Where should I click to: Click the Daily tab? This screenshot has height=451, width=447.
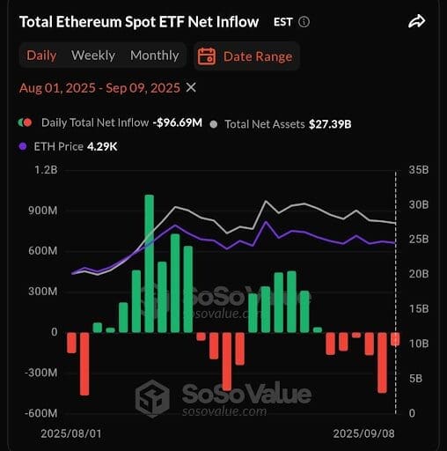pyautogui.click(x=41, y=55)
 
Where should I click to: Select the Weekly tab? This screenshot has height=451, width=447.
pyautogui.click(x=93, y=55)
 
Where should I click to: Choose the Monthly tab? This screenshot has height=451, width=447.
pyautogui.click(x=155, y=55)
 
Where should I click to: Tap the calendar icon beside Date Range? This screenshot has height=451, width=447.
pyautogui.click(x=207, y=56)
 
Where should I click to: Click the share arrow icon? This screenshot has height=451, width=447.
pyautogui.click(x=416, y=21)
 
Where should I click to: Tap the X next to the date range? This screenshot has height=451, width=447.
pyautogui.click(x=191, y=87)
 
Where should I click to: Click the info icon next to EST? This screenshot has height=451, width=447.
pyautogui.click(x=304, y=22)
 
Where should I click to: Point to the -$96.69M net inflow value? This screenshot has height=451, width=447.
pyautogui.click(x=178, y=122)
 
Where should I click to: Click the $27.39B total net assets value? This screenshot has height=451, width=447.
pyautogui.click(x=330, y=124)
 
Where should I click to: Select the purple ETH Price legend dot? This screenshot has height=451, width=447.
pyautogui.click(x=23, y=146)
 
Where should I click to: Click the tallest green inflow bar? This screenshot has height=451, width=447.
pyautogui.click(x=150, y=263)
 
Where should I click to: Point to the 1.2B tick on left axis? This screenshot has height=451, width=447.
pyautogui.click(x=46, y=170)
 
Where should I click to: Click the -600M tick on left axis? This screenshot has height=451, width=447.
pyautogui.click(x=41, y=413)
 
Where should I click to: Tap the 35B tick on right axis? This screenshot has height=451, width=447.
pyautogui.click(x=419, y=170)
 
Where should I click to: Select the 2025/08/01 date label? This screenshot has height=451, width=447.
pyautogui.click(x=71, y=433)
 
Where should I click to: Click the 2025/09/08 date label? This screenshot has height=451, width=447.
pyautogui.click(x=363, y=433)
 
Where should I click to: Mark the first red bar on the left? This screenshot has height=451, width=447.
pyautogui.click(x=71, y=343)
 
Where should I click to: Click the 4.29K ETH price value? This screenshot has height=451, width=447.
pyautogui.click(x=102, y=146)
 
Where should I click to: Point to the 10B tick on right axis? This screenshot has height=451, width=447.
pyautogui.click(x=419, y=344)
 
